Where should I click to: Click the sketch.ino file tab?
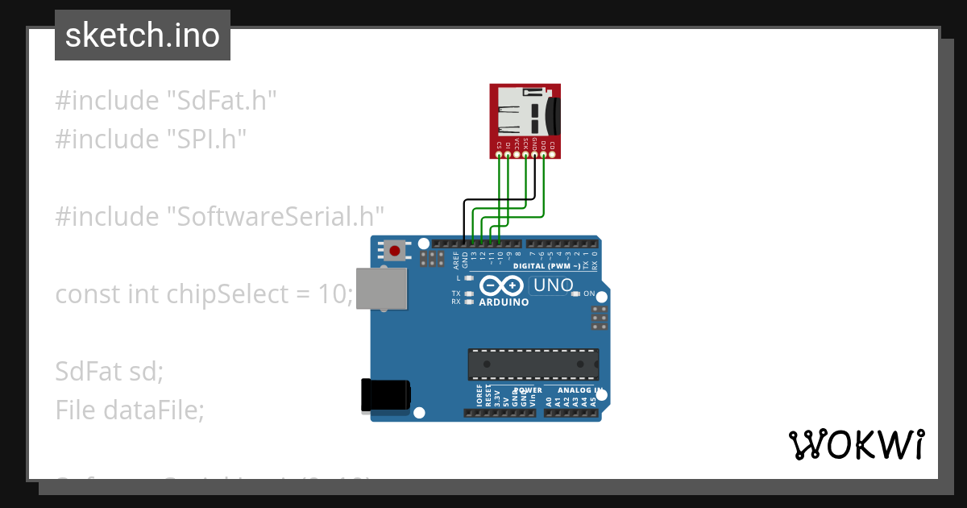click(x=143, y=35)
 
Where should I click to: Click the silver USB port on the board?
click(x=382, y=288)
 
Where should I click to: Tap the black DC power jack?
click(x=385, y=395)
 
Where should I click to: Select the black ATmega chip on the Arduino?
click(x=533, y=364)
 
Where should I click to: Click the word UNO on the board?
click(x=554, y=285)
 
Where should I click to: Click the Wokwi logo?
click(x=856, y=444)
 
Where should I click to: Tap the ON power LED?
click(x=575, y=294)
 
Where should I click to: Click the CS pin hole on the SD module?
click(x=500, y=153)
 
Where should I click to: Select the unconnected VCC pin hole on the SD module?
click(x=517, y=153)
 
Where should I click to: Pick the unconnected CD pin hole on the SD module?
click(x=552, y=153)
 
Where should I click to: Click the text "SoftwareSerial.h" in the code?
click(x=275, y=216)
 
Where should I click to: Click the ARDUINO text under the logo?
click(x=504, y=302)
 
